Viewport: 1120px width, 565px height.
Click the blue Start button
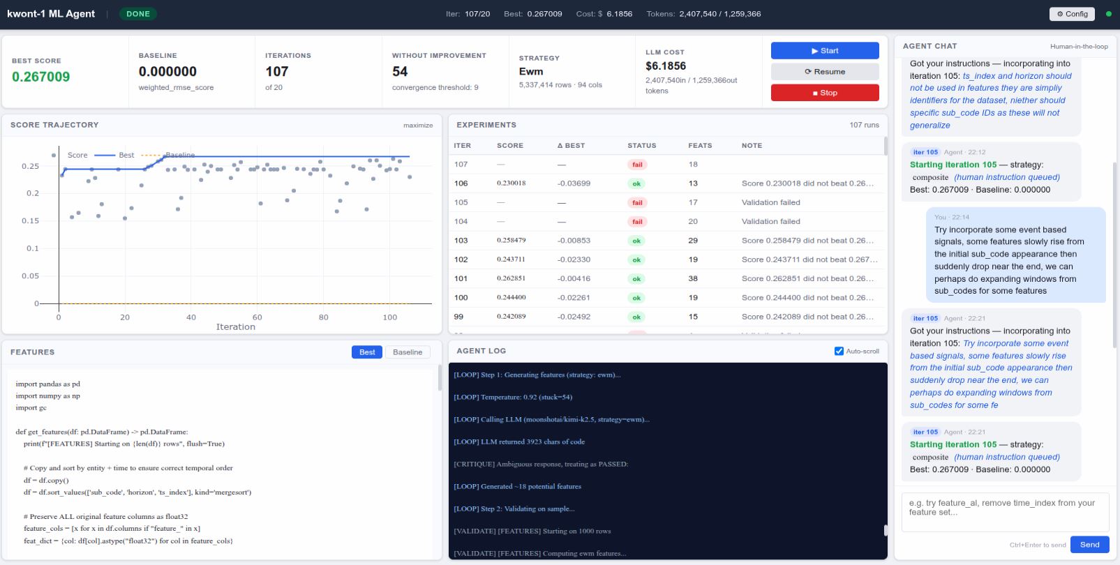tap(824, 51)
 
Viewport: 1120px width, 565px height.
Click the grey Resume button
tap(824, 72)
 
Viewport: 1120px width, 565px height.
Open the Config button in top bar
tap(1072, 14)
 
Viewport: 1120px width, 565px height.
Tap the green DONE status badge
tap(138, 14)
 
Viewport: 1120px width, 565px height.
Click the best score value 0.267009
tap(41, 77)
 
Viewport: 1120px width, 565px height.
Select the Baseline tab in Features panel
tap(407, 352)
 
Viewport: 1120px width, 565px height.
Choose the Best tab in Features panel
tap(367, 352)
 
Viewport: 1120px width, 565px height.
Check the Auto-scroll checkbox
tap(839, 351)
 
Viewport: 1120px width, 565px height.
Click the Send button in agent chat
tap(1089, 545)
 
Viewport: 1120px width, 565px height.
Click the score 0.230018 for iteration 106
tap(511, 183)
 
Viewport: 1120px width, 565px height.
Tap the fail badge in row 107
tap(637, 165)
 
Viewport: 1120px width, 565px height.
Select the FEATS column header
tap(700, 146)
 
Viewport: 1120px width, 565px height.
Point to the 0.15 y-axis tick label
tap(30, 220)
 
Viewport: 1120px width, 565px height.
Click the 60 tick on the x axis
tap(257, 317)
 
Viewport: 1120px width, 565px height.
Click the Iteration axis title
tap(235, 327)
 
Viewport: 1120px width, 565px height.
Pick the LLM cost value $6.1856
tap(666, 66)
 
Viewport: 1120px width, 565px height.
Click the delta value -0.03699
tap(574, 183)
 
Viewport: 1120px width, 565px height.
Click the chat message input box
tap(1005, 511)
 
